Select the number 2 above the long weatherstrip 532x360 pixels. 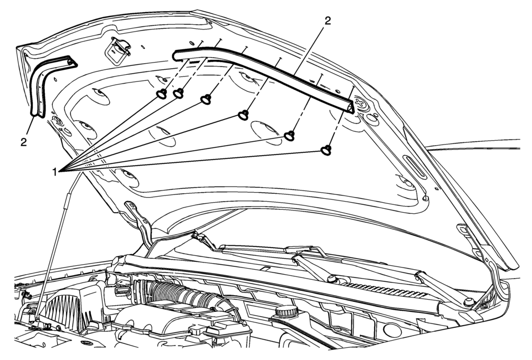click(x=328, y=21)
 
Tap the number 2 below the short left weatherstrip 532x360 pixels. click(x=23, y=142)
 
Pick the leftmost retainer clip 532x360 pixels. click(x=161, y=94)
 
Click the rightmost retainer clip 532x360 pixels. click(x=326, y=150)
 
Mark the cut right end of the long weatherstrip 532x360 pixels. click(x=351, y=106)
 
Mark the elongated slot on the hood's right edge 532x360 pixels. click(x=413, y=167)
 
